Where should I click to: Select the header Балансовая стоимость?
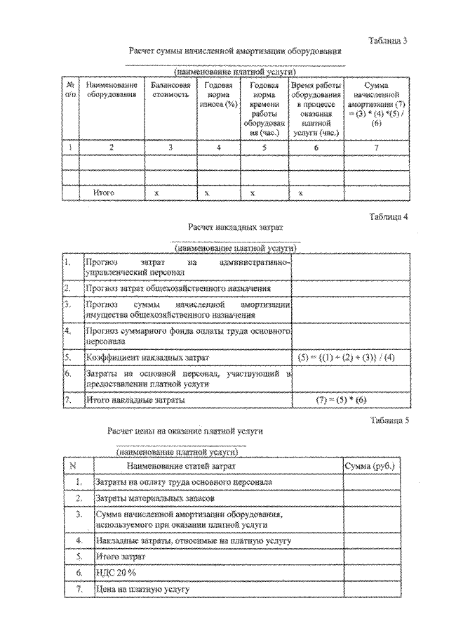point(170,90)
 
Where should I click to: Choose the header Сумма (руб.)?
point(370,465)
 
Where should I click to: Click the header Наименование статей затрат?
point(181,465)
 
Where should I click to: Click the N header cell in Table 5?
point(74,465)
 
